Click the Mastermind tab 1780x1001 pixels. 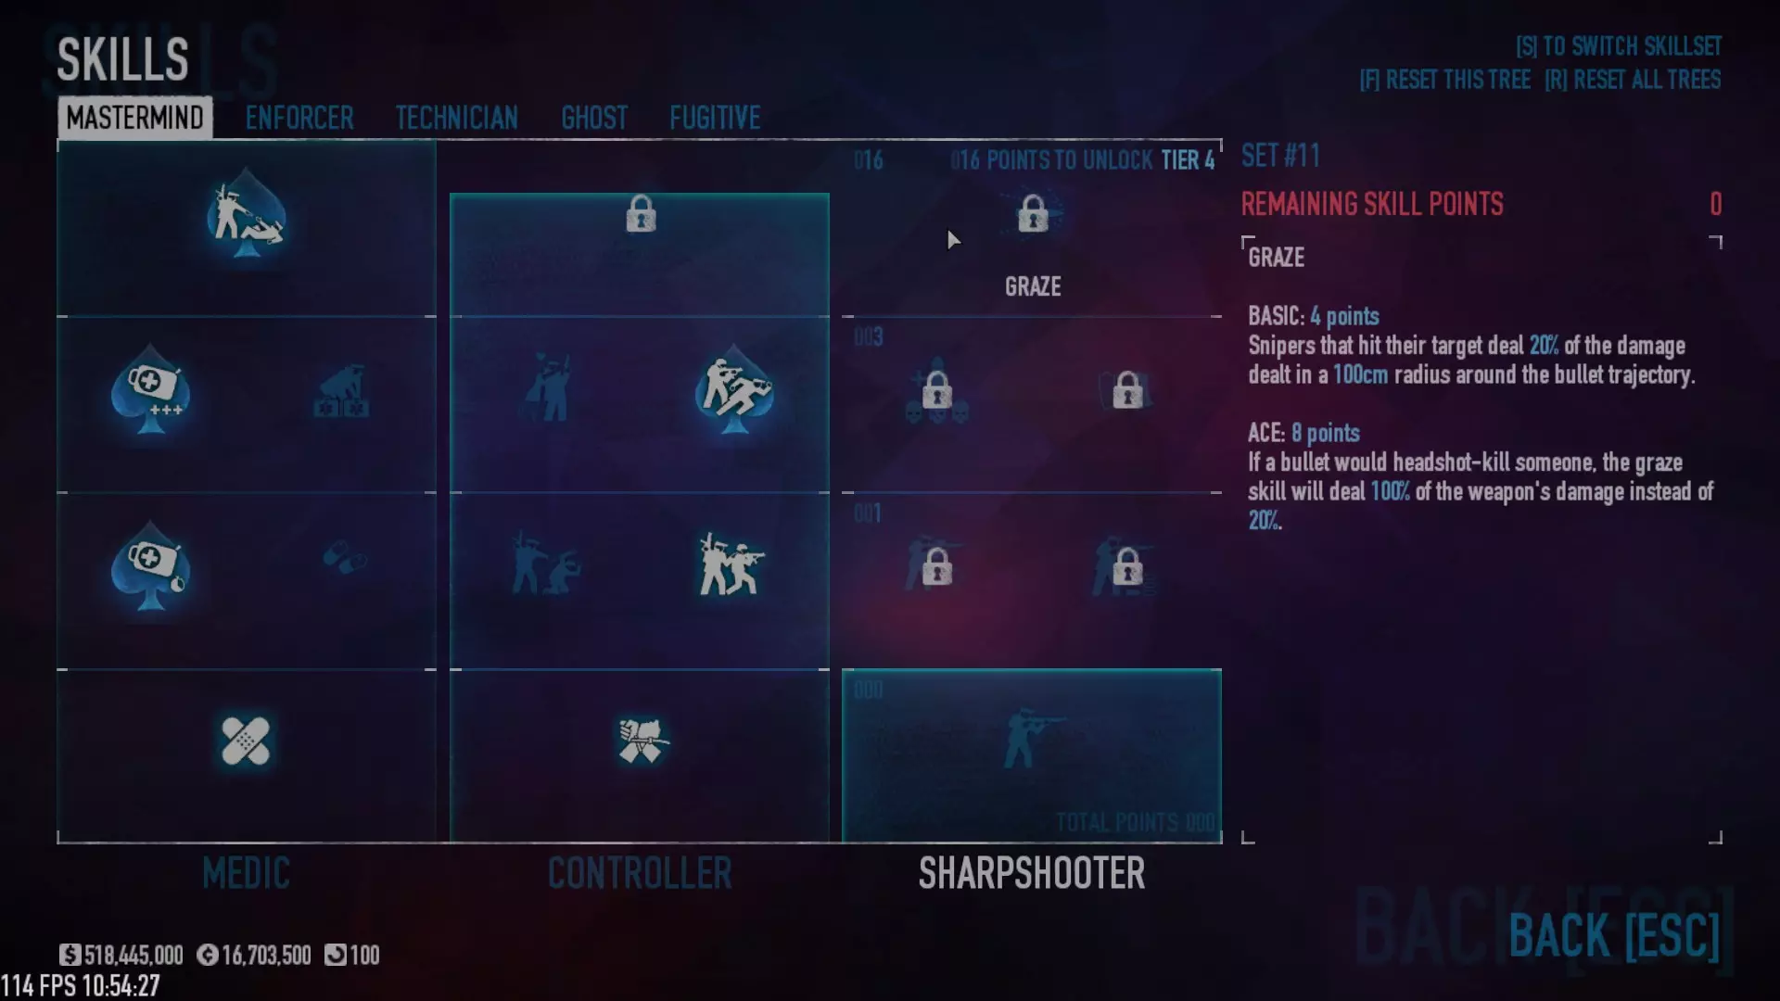(134, 118)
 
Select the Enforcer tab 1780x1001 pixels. (299, 118)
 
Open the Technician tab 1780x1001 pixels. (456, 118)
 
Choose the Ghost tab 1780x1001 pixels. (594, 118)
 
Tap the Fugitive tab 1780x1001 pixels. (715, 118)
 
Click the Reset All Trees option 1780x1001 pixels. (1633, 80)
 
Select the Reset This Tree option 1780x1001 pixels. (1444, 80)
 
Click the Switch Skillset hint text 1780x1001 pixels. (1618, 46)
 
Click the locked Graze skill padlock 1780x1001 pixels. (1033, 214)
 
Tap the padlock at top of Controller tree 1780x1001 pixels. (641, 214)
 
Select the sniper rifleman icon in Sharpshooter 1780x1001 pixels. (1031, 739)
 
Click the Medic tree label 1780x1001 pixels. (246, 873)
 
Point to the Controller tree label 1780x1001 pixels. (640, 873)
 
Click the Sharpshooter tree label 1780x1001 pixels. (1031, 873)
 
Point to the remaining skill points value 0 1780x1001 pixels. (1715, 204)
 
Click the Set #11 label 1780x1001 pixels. (1279, 156)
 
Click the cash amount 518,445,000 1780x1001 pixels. (133, 955)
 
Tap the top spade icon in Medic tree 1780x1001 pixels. (246, 215)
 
